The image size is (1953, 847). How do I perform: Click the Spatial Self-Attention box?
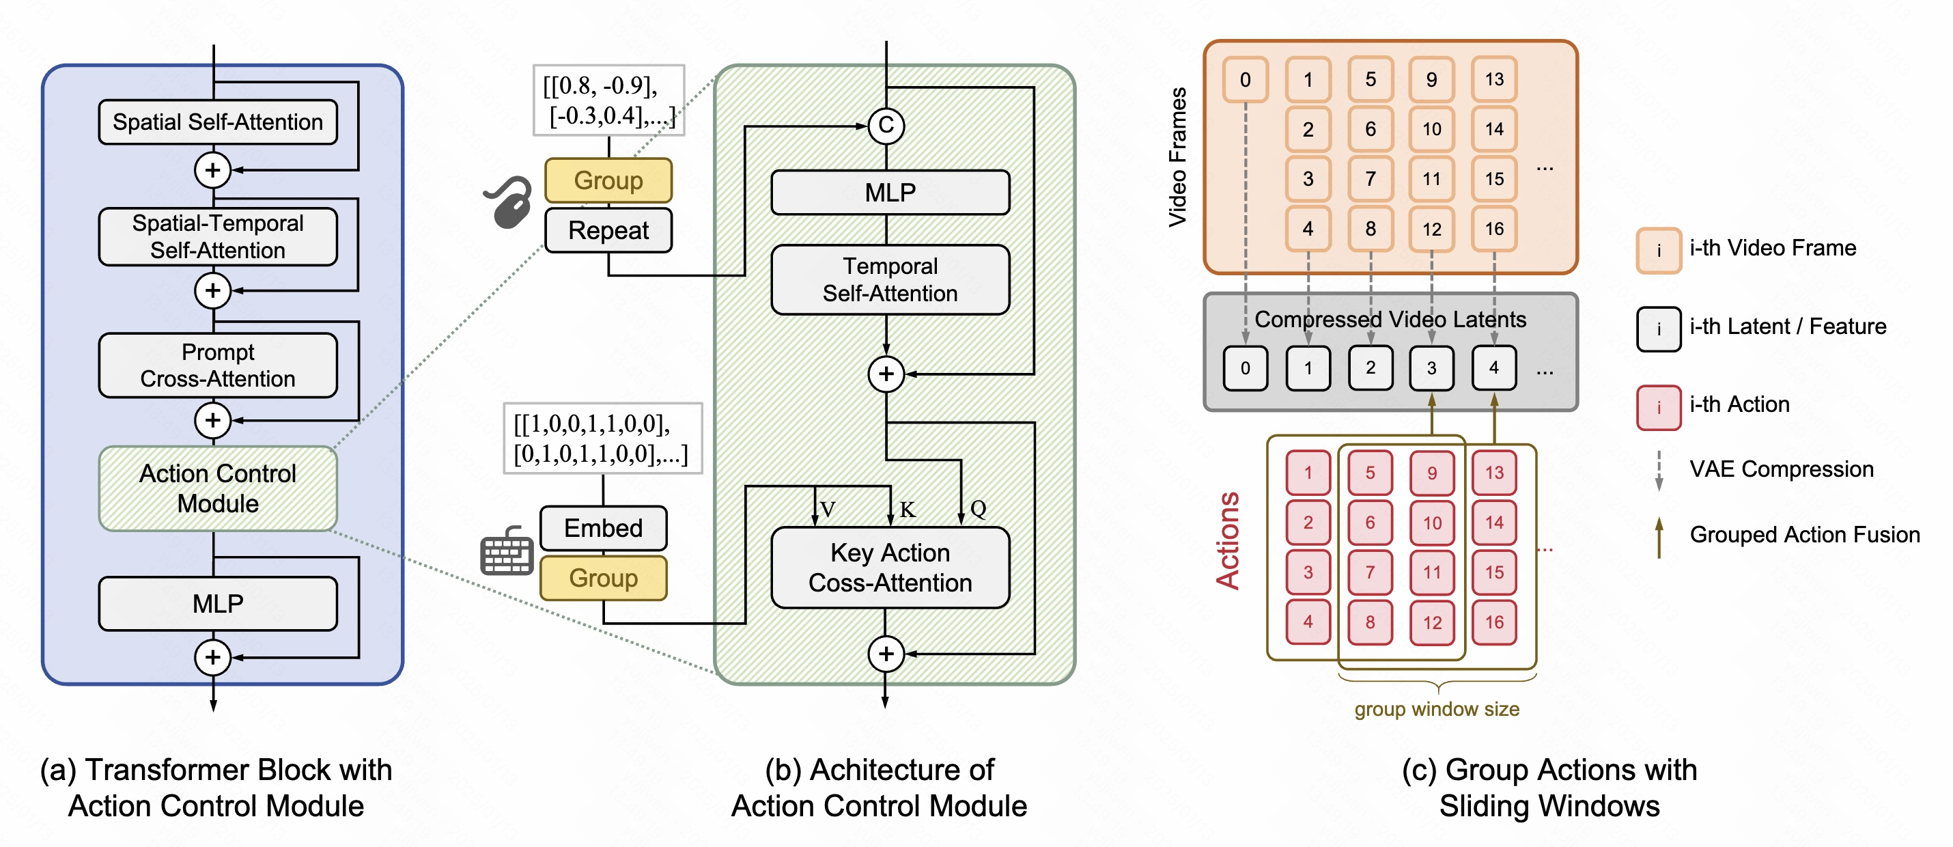(x=218, y=122)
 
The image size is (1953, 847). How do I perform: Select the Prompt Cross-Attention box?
(x=218, y=365)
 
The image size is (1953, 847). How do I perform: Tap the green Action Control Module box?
(x=218, y=488)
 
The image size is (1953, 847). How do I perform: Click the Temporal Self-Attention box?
(x=890, y=279)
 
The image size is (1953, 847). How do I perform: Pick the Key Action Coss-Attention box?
(x=890, y=567)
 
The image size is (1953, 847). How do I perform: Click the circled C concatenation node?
(x=886, y=126)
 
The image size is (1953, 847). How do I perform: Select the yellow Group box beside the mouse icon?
(x=608, y=180)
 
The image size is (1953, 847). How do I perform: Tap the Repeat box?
(x=608, y=230)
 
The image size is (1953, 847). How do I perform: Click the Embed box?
(x=604, y=528)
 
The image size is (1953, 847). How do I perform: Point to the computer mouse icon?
(x=509, y=202)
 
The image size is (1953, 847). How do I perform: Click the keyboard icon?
(x=507, y=551)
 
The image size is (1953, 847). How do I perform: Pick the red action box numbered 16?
(x=1493, y=622)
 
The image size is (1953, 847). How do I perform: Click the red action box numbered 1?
(x=1308, y=473)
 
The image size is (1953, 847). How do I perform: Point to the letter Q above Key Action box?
(x=978, y=508)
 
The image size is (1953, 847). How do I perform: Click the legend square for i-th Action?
(x=1658, y=407)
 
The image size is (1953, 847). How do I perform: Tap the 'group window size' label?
(x=1437, y=709)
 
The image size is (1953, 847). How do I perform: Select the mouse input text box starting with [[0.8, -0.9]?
(x=609, y=100)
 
